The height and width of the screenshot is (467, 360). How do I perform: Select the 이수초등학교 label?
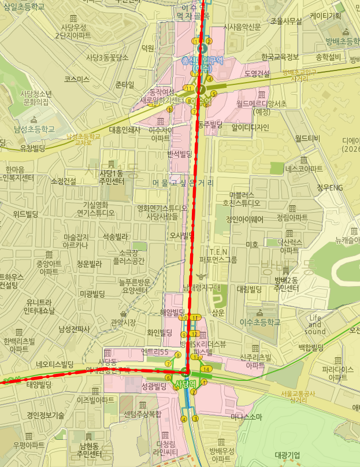click(260, 322)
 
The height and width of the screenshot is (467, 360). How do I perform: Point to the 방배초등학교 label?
click(343, 41)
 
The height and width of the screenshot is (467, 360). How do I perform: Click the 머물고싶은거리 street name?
click(183, 183)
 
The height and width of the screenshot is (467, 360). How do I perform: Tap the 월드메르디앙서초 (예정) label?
click(261, 108)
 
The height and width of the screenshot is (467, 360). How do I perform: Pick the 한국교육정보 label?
click(280, 57)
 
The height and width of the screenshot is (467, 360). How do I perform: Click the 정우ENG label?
click(329, 187)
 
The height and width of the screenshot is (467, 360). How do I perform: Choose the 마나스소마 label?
click(246, 417)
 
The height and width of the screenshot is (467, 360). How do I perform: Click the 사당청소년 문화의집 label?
click(36, 98)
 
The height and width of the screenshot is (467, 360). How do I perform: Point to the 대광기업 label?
click(288, 455)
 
